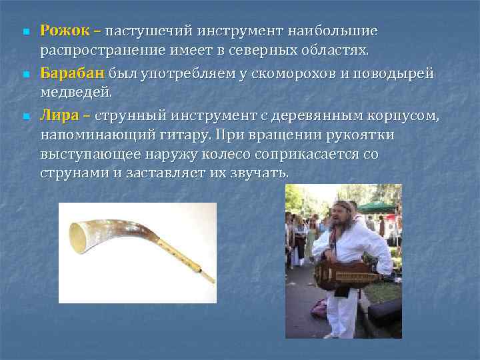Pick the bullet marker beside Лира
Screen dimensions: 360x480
[24, 117]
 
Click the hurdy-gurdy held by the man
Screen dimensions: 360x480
[346, 271]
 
